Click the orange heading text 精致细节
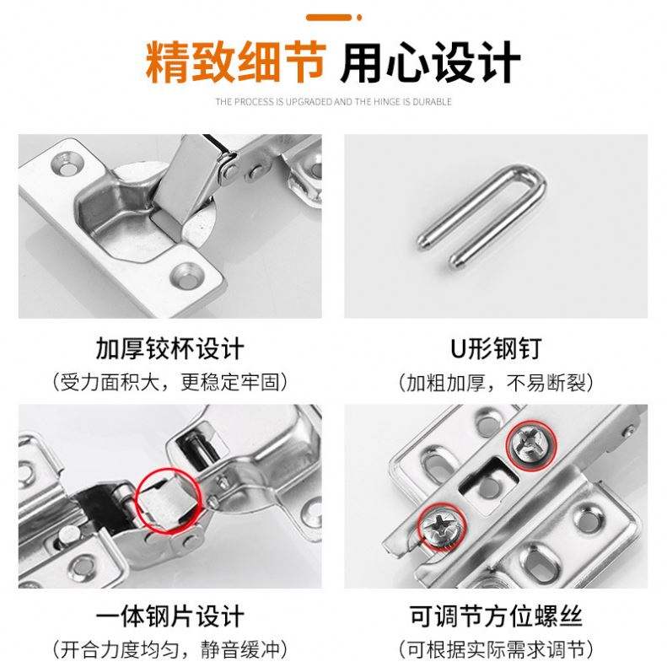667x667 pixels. click(236, 62)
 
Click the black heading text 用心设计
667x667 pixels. click(430, 62)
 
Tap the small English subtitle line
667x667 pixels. click(333, 102)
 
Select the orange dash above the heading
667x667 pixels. click(329, 18)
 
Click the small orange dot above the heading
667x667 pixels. click(359, 18)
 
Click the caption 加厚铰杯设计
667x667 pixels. click(170, 349)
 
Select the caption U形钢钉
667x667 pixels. click(496, 349)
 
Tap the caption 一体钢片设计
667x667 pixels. click(170, 616)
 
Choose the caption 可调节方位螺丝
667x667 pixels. click(496, 616)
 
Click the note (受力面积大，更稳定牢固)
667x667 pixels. click(170, 382)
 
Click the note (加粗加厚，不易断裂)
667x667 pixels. click(496, 382)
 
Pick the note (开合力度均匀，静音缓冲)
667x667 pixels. click(170, 649)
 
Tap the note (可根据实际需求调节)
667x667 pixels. click(496, 649)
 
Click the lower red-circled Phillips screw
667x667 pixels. click(442, 526)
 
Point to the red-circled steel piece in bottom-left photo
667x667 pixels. click(168, 500)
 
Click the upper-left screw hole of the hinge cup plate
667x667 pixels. click(67, 164)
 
